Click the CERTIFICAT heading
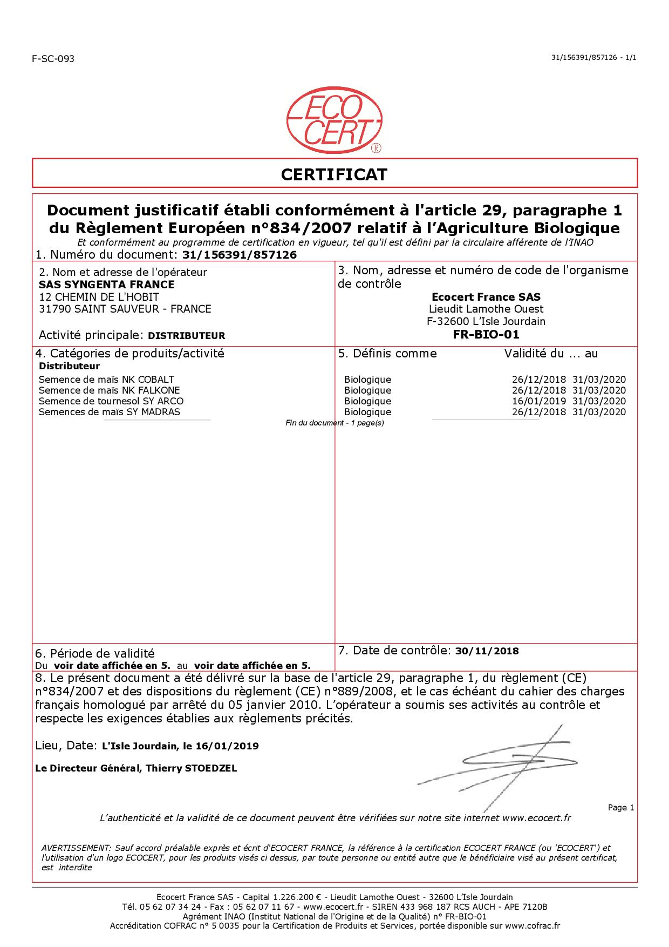(334, 174)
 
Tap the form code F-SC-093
(53, 59)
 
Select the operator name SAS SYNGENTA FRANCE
(107, 285)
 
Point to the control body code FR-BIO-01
(486, 334)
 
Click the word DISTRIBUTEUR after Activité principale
(186, 335)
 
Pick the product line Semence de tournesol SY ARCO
(111, 401)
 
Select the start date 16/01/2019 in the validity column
(538, 401)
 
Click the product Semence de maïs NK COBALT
(106, 380)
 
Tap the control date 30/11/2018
(487, 651)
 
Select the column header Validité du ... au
(551, 354)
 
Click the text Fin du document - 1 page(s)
(334, 423)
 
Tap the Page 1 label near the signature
(620, 808)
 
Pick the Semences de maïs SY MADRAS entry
(110, 412)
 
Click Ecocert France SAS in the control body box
(486, 297)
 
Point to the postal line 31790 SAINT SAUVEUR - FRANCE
(125, 309)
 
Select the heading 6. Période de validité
(95, 654)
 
